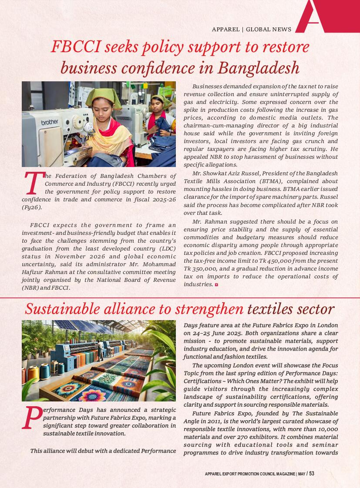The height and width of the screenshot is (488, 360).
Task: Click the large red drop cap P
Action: [x=31, y=418]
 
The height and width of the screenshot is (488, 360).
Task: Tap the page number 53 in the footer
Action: [x=311, y=474]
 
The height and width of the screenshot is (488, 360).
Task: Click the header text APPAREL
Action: [x=225, y=30]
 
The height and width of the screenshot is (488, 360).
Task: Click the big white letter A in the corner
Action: [x=313, y=15]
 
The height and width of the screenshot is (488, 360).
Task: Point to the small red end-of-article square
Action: [x=216, y=285]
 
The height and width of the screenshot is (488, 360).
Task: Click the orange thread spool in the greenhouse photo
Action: [x=34, y=374]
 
